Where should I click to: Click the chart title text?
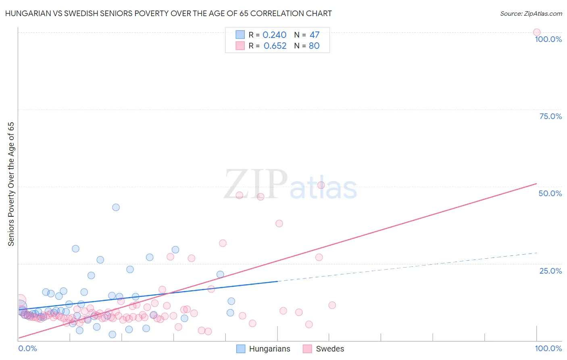168,13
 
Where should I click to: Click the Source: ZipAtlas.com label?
531,13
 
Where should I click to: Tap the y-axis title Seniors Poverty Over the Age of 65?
11,184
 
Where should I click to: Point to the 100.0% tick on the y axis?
548,39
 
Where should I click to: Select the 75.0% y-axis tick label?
550,116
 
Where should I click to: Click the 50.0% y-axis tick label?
550,193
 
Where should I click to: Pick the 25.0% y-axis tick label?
550,271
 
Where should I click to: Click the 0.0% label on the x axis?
27,348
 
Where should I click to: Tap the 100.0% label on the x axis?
548,348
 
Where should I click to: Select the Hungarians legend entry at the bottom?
263,349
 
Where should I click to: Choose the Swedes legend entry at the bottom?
323,349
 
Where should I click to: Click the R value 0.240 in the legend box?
274,35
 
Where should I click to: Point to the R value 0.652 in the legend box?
275,46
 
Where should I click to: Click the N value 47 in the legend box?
314,35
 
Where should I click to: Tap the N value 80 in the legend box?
314,46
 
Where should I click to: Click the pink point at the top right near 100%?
536,32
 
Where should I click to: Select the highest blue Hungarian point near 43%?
116,207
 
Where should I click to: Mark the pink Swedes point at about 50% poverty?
321,185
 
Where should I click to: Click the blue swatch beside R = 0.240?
240,35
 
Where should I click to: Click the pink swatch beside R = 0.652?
240,46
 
